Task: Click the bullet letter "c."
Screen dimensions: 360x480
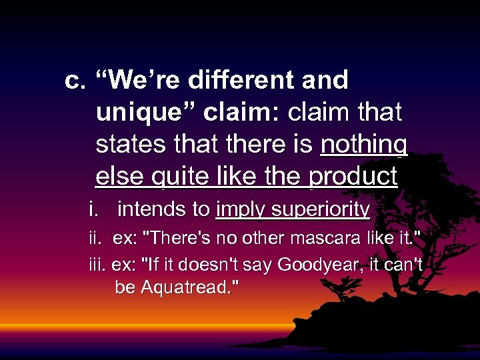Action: point(75,81)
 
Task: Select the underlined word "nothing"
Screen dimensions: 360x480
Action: point(364,145)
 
